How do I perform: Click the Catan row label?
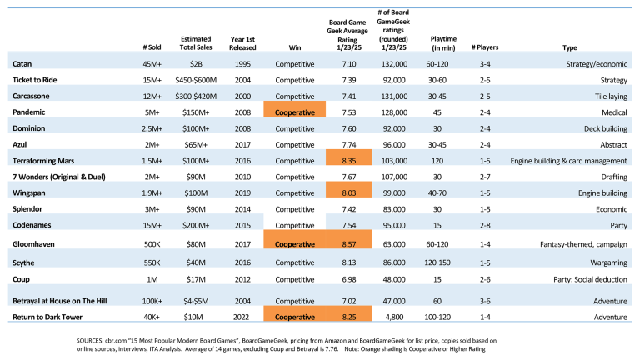pos(22,64)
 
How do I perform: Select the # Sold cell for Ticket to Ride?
pos(152,80)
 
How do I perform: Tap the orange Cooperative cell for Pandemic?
pos(295,109)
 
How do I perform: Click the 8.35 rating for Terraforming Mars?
pos(349,157)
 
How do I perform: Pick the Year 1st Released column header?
pos(242,43)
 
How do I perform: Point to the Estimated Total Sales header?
pos(196,43)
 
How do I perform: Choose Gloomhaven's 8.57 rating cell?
pos(349,239)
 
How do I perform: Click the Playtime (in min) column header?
pos(443,43)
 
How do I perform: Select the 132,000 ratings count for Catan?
pos(394,64)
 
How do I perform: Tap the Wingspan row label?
pos(29,193)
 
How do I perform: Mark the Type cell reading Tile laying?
pos(611,97)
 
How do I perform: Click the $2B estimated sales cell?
pos(196,64)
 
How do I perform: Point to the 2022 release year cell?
pos(242,317)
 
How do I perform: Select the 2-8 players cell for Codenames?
pos(485,225)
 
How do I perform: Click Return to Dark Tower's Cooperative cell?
pos(295,313)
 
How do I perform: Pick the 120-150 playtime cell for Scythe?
pos(437,262)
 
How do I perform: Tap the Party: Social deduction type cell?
pos(590,280)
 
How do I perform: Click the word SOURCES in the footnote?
pos(89,340)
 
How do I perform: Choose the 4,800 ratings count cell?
pos(394,317)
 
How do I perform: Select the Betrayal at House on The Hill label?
pos(60,301)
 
